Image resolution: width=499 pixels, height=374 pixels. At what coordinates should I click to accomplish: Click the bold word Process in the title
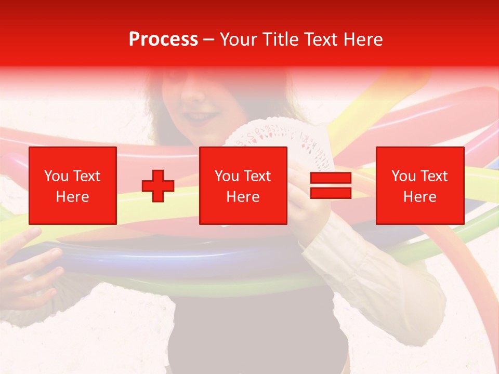point(163,39)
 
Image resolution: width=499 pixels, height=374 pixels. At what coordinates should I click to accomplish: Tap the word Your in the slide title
point(239,39)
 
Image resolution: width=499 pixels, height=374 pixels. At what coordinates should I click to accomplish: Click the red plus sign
point(158,186)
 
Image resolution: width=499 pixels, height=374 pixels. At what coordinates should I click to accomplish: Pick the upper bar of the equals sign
point(331,178)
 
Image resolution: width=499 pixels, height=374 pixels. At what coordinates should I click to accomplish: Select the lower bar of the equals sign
point(331,193)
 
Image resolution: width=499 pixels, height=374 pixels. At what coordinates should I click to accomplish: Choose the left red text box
point(73,186)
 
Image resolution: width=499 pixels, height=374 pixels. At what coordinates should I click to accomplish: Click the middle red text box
point(243,186)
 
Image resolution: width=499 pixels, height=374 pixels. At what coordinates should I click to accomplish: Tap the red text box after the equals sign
point(420,186)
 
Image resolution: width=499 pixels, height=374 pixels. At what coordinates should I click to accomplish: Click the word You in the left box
point(56,176)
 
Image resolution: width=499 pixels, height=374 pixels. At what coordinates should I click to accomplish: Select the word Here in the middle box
point(243,197)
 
